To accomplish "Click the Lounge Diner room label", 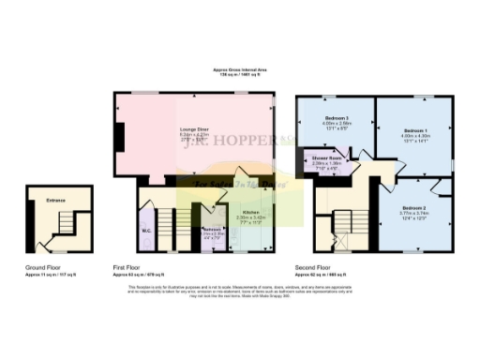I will (x=194, y=129).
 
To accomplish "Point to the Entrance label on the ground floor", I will (x=59, y=200).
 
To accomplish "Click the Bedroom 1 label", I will (x=414, y=130).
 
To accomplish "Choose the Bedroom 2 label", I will (x=413, y=207).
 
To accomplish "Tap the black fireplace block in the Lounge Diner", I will (x=117, y=139).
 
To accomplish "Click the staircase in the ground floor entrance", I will (x=63, y=225).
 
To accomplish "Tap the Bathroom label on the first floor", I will (x=211, y=229).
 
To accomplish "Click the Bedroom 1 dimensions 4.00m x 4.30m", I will (x=414, y=136).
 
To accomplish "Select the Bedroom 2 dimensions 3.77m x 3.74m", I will (x=413, y=213).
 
